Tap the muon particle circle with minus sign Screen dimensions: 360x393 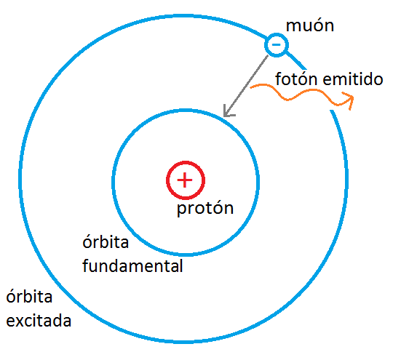click(276, 45)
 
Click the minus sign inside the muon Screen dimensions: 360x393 click(276, 45)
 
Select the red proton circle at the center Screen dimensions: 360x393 click(185, 180)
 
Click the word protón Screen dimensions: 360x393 click(205, 209)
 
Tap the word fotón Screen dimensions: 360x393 click(295, 79)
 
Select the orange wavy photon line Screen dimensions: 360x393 click(298, 95)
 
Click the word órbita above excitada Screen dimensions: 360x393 click(28, 297)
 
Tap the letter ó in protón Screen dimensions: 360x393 click(219, 209)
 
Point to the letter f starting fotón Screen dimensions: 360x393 click(277, 79)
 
